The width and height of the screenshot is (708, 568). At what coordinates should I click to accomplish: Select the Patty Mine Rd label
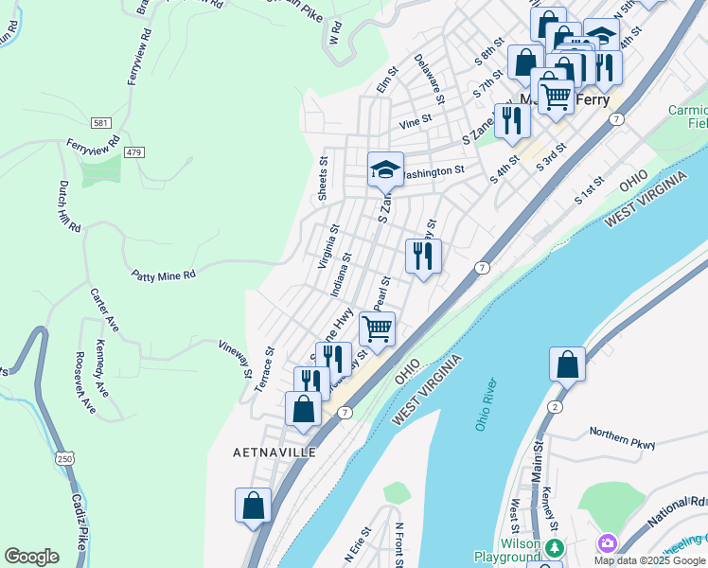coord(164,275)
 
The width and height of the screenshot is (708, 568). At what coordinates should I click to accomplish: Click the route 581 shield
coord(100,124)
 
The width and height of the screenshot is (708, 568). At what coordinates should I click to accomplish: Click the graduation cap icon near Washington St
coord(385,169)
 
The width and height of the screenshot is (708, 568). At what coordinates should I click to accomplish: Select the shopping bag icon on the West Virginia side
coord(567,364)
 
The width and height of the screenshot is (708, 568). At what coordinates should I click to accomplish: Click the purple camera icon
coord(607,543)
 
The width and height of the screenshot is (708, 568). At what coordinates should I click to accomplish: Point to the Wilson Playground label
coord(506,550)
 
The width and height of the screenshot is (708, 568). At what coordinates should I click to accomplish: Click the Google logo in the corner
coord(31,557)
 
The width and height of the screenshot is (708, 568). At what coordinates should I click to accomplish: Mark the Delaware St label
coord(429,78)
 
